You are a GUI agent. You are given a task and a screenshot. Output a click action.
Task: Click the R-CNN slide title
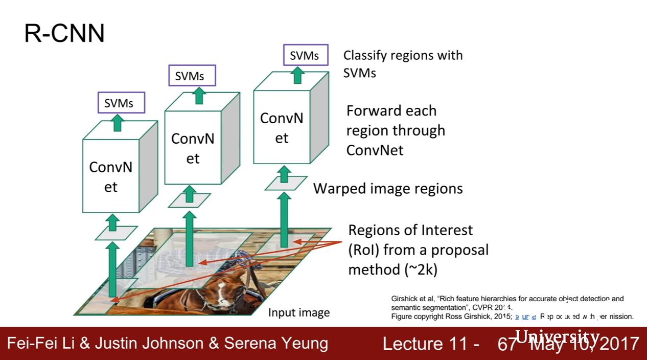(x=64, y=34)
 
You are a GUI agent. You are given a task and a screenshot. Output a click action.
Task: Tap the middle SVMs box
(x=192, y=76)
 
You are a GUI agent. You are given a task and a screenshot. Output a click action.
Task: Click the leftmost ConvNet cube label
(x=111, y=177)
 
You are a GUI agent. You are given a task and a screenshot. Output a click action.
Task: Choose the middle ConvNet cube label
(x=193, y=149)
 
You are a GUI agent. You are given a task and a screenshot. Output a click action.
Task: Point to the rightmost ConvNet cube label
(x=282, y=128)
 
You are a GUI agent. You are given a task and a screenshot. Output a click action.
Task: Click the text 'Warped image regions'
(x=388, y=189)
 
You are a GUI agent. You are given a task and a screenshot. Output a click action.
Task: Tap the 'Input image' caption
(x=299, y=312)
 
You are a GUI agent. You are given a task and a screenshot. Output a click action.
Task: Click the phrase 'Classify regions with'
(x=403, y=55)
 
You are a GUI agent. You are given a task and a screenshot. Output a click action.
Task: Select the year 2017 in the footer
(x=619, y=344)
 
